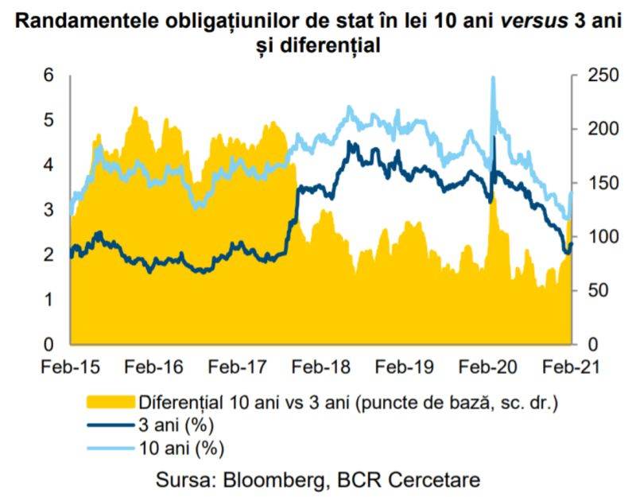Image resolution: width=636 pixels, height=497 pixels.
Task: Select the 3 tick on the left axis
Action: coord(48,210)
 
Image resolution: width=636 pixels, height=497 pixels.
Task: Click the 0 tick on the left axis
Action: coord(48,344)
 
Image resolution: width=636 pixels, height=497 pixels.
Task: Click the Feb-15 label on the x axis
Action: coord(70,367)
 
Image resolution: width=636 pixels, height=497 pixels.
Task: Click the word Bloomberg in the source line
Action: coord(265,480)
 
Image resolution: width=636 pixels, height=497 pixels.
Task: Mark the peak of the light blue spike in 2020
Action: coord(493,78)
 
